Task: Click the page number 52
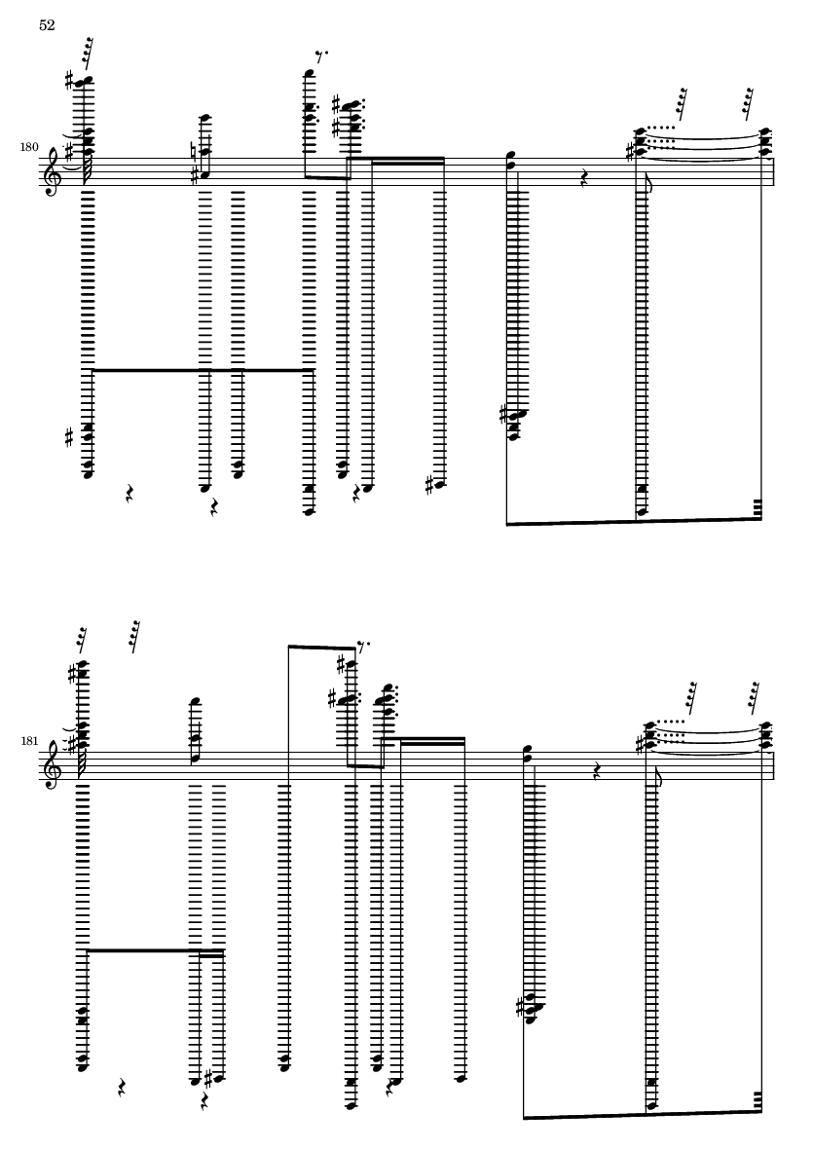(x=47, y=25)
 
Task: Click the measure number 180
(x=29, y=147)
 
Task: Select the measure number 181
(x=29, y=741)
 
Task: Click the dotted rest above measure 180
(x=321, y=55)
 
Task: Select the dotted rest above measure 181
(x=363, y=647)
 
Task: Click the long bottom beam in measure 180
(x=634, y=522)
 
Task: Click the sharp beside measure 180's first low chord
(x=70, y=438)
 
